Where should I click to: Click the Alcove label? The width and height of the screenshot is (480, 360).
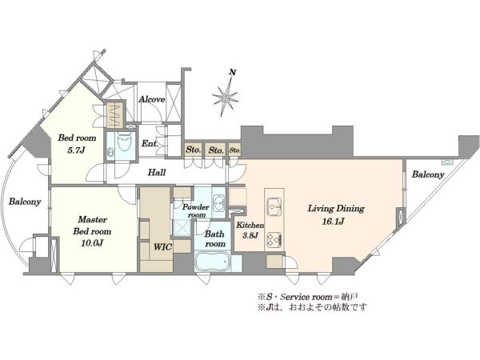tap(152, 99)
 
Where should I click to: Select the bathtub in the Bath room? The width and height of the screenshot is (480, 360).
tap(213, 262)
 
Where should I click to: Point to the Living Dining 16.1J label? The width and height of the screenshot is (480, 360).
tap(336, 214)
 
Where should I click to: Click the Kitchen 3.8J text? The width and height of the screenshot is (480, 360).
tap(250, 230)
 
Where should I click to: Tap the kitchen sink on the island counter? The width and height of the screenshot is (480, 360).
tap(274, 203)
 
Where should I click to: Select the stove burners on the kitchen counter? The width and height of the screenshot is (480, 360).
tap(274, 239)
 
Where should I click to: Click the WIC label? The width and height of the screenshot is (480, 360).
tap(162, 247)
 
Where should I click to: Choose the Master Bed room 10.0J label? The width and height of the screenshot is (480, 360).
tap(92, 231)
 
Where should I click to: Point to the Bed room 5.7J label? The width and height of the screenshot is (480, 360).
tap(77, 144)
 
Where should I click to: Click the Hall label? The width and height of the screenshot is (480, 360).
tap(157, 172)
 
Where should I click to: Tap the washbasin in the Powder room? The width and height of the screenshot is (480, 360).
tap(219, 202)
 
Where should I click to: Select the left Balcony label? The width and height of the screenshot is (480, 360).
tap(25, 202)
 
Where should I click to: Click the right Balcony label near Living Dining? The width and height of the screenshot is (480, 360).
tap(428, 174)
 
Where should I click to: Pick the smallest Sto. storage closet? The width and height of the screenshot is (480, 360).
tap(234, 150)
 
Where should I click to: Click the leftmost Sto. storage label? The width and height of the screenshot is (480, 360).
tap(194, 150)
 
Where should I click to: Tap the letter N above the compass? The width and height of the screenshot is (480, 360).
tap(233, 73)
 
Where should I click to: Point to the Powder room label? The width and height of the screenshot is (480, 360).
tap(196, 210)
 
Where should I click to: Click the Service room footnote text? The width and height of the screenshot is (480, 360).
tap(308, 296)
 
